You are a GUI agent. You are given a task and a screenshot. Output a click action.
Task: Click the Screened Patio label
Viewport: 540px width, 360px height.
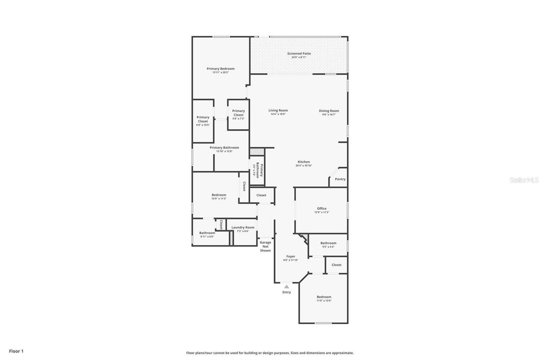(299, 54)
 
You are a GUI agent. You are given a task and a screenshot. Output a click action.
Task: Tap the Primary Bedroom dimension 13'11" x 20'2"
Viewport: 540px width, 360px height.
(220, 73)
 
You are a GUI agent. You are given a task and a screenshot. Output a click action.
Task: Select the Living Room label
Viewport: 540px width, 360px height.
(278, 110)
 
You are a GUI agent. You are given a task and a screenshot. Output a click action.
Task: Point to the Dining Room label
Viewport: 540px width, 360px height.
(329, 111)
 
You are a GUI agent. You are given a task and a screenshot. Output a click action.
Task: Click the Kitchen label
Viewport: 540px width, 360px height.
(304, 162)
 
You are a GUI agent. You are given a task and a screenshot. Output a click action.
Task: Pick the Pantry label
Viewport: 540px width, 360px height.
(340, 179)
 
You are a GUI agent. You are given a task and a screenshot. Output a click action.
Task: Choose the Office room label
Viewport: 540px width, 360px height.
(322, 209)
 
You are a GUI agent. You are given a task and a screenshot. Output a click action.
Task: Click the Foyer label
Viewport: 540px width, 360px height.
(291, 257)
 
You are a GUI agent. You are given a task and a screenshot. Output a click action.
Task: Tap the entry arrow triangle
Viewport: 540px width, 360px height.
(287, 286)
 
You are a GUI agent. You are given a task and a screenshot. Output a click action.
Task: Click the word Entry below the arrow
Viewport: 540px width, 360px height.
(287, 292)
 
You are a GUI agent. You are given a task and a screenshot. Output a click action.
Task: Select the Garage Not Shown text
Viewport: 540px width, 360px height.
(265, 247)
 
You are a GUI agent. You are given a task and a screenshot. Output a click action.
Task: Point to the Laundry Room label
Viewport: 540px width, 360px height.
(243, 228)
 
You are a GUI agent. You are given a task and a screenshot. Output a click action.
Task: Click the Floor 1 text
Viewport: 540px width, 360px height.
(16, 351)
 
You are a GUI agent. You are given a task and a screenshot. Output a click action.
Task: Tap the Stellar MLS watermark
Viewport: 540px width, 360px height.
(524, 180)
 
